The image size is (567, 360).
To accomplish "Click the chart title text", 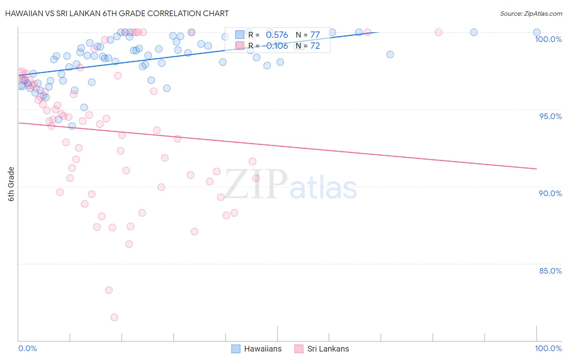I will pos(117,13).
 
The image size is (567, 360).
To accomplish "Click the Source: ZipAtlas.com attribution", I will pos(531,13).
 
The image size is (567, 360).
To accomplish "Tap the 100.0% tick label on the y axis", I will pos(548,39).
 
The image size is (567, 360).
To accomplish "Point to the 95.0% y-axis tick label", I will pos(550,116).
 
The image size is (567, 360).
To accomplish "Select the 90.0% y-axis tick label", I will pos(550,193).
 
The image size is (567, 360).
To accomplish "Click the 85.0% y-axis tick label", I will pos(550,271).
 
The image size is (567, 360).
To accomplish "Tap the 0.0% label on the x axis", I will pos(27,348).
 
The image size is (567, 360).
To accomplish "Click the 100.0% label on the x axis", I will pos(548,348).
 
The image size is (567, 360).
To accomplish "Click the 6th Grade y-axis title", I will pos(11,184).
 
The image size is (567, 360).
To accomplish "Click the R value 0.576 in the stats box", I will pos(277,35).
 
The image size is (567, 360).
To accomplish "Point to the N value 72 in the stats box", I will pos(315,46).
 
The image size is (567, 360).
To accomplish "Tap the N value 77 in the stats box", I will pos(315,35).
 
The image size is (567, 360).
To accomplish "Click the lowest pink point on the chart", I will pos(114,317).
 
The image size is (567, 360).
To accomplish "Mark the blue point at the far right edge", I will pos(537,32).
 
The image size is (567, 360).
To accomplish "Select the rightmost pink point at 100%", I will pos(438,32).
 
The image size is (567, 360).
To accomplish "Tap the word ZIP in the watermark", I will pos(256,184).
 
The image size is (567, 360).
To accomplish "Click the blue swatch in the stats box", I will pos(240,35).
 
